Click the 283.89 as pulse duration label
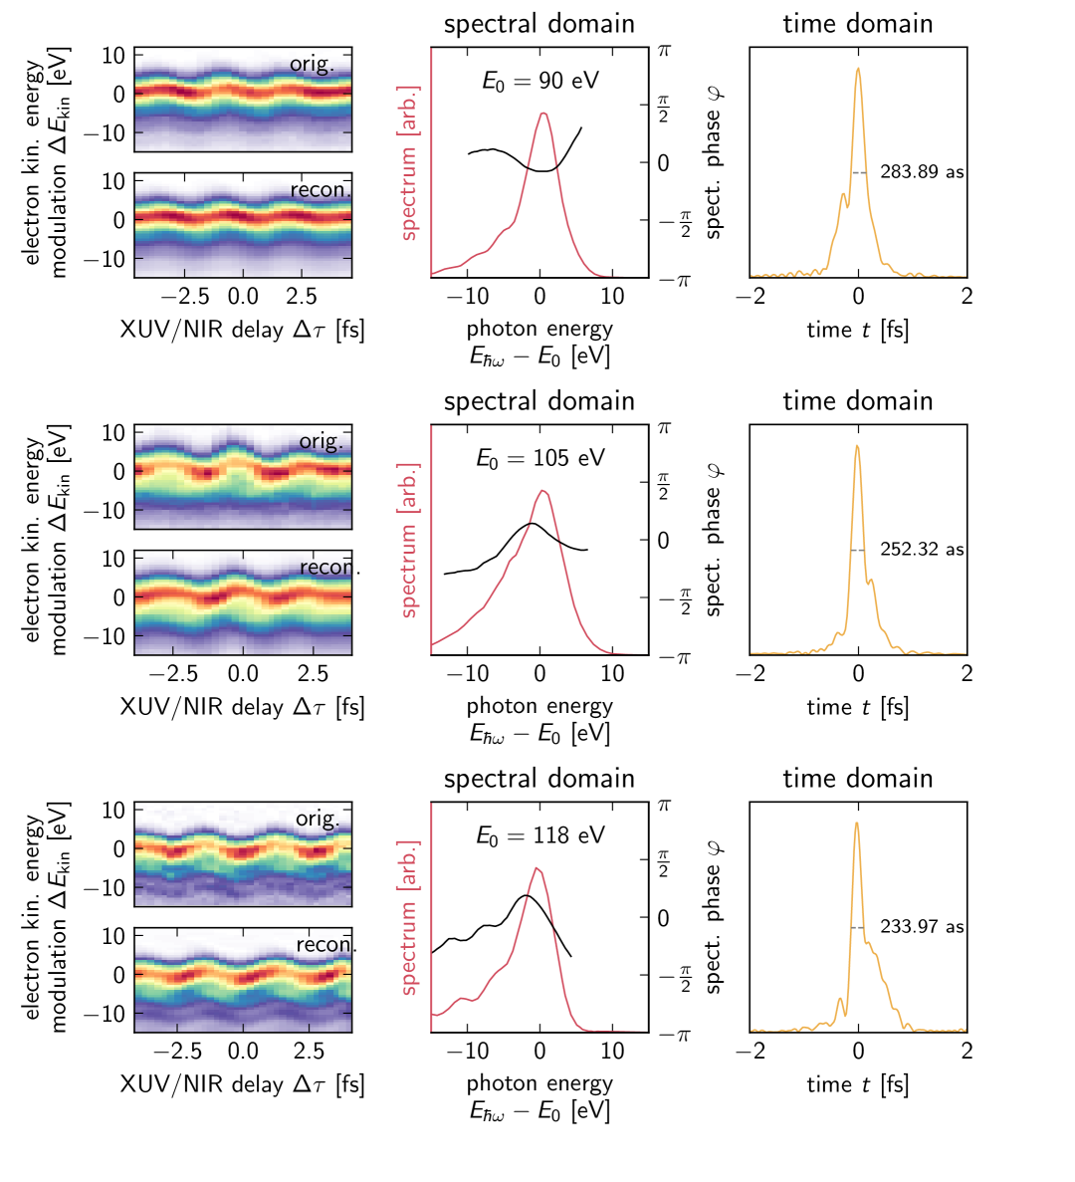click(922, 172)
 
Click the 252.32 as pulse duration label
click(922, 550)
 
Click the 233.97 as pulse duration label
click(922, 927)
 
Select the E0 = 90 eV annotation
click(539, 82)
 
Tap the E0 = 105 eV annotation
click(539, 459)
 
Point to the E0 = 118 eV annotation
click(539, 836)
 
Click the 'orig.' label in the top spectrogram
click(312, 65)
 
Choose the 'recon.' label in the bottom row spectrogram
click(325, 945)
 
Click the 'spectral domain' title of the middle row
click(538, 401)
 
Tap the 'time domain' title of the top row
click(857, 24)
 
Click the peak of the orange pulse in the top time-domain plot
click(858, 69)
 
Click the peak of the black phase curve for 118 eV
click(527, 895)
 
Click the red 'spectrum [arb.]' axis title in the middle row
click(409, 540)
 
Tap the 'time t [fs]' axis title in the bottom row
click(857, 1084)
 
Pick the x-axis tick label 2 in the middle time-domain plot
click(966, 674)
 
